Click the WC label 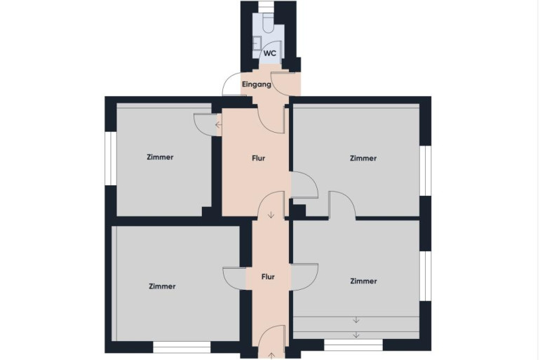click(x=270, y=53)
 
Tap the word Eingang click(x=257, y=84)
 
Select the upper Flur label click(x=258, y=158)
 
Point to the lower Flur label click(x=268, y=276)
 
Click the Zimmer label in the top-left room click(x=160, y=157)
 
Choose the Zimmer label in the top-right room click(x=363, y=158)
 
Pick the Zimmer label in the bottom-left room click(x=162, y=286)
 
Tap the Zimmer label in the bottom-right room click(x=364, y=281)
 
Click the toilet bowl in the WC click(x=268, y=23)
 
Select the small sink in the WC click(x=257, y=44)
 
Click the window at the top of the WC click(x=265, y=6)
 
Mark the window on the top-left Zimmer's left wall click(x=111, y=159)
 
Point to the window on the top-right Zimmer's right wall click(x=425, y=171)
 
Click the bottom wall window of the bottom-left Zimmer click(x=182, y=347)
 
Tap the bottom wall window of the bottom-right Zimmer click(x=353, y=345)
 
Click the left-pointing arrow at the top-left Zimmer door click(x=218, y=125)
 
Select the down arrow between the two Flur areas click(x=271, y=215)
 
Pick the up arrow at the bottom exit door click(x=271, y=356)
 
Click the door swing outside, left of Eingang click(x=231, y=84)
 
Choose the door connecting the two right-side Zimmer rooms click(x=342, y=205)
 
